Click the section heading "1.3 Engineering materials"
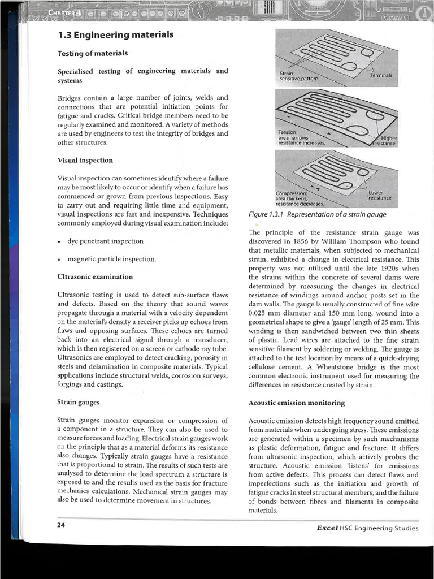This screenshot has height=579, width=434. click(x=115, y=36)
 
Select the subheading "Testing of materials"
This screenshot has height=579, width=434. click(x=93, y=54)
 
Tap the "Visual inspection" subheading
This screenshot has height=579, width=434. click(x=85, y=160)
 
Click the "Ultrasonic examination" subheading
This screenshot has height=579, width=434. click(x=95, y=277)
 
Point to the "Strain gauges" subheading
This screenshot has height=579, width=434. click(x=79, y=402)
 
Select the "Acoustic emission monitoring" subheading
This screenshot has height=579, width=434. click(x=296, y=403)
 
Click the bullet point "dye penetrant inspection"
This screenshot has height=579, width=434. click(x=105, y=241)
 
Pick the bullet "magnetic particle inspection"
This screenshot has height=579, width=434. click(x=111, y=259)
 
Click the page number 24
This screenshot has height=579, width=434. click(x=61, y=525)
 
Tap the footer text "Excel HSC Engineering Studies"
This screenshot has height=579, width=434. click(x=367, y=528)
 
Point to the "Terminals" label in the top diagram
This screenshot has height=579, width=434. click(x=384, y=75)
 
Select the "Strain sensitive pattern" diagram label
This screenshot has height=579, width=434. click(x=298, y=76)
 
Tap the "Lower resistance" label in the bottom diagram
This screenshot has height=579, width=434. click(x=379, y=195)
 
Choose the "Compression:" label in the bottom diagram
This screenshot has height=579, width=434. click(x=297, y=192)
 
